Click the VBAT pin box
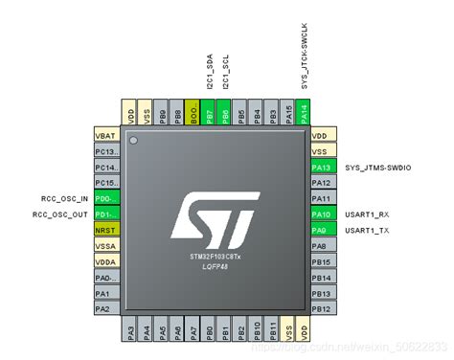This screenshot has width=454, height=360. (x=105, y=136)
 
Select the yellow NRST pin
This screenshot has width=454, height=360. (x=105, y=230)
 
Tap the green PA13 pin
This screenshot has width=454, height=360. (x=323, y=167)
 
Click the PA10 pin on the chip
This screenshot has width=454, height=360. (x=323, y=214)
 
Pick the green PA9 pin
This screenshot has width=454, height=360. (x=323, y=230)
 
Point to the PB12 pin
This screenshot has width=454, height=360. (x=323, y=308)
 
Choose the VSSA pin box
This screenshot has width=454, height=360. (x=105, y=246)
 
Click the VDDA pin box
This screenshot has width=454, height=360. (x=105, y=261)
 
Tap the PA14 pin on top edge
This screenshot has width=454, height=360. (x=304, y=112)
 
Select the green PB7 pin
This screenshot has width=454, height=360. (x=210, y=112)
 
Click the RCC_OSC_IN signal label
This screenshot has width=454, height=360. (x=60, y=199)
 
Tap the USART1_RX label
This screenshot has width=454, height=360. (x=369, y=214)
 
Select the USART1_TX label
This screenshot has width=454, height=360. (x=369, y=230)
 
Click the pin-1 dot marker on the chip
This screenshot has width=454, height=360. (x=135, y=142)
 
